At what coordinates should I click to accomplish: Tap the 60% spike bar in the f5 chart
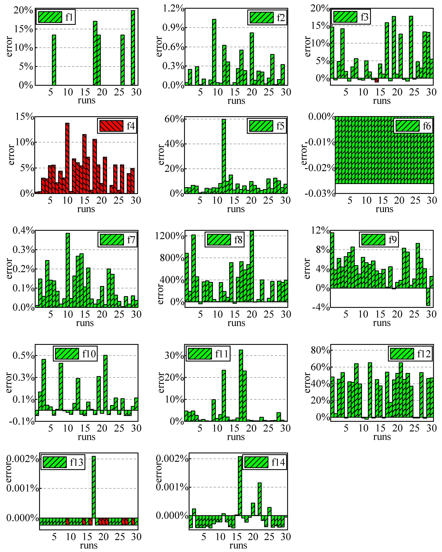tap(224, 156)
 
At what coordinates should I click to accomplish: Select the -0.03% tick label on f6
tap(320, 193)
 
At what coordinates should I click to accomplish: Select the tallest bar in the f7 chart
tap(68, 270)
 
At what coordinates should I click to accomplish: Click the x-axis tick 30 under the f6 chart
tap(431, 200)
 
